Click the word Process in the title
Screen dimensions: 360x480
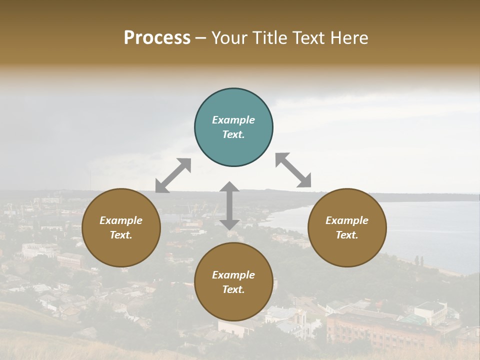[157, 38]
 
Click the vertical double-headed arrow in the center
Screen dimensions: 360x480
[229, 205]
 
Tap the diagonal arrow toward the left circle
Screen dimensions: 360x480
[173, 175]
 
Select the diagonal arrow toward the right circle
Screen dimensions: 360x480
[293, 170]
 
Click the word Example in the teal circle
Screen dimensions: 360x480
[233, 120]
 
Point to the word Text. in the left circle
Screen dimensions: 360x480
[121, 235]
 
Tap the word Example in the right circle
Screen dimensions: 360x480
[347, 220]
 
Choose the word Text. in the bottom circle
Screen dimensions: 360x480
[233, 289]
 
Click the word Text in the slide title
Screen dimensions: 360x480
[311, 38]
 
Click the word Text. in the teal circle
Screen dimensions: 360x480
[233, 134]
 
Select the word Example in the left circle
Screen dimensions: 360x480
[121, 220]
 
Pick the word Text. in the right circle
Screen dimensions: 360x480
[347, 235]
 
